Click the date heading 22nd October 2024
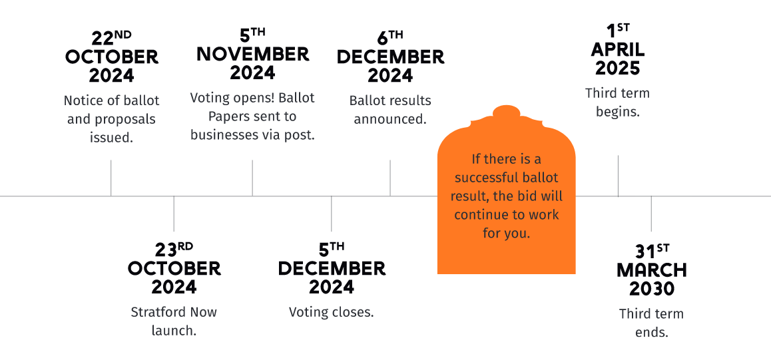click(x=112, y=57)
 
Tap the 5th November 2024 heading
click(x=253, y=55)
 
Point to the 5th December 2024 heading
click(x=332, y=269)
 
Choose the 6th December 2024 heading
click(x=390, y=57)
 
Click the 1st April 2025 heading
click(x=618, y=50)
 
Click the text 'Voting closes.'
click(x=332, y=312)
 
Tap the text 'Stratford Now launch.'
click(x=174, y=321)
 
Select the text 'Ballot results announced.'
click(x=390, y=110)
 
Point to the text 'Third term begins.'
click(x=618, y=102)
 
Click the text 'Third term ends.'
click(x=652, y=323)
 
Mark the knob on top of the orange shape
click(x=507, y=112)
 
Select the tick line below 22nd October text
click(x=111, y=178)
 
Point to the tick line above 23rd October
click(x=174, y=214)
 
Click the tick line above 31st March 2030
click(x=652, y=214)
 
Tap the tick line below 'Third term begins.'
click(x=618, y=176)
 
